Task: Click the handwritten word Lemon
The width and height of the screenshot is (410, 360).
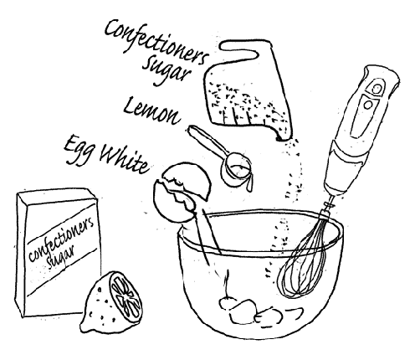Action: tap(151, 111)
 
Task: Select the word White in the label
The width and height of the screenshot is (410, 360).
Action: tap(125, 160)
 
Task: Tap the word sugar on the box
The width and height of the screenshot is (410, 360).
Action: tap(61, 257)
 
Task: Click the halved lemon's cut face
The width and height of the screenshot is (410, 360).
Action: tap(126, 297)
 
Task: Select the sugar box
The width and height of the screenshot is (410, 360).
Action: tap(58, 253)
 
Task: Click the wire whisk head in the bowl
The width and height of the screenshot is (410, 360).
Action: tap(303, 265)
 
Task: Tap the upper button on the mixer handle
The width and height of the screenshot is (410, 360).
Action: tap(377, 89)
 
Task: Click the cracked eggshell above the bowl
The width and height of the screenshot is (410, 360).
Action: tap(182, 190)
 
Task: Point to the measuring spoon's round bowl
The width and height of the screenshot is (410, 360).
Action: tap(236, 169)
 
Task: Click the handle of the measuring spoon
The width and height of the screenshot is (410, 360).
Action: tap(208, 141)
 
